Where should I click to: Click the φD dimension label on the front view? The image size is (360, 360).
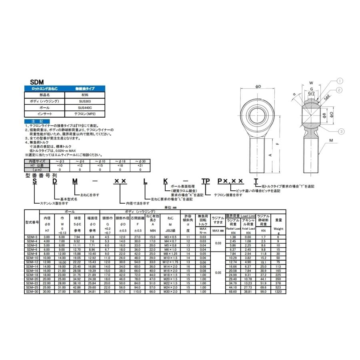[258, 86]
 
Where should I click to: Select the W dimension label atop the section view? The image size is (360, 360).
[311, 84]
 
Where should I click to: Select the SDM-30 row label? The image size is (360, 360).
[32, 292]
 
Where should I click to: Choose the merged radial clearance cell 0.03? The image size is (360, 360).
[218, 243]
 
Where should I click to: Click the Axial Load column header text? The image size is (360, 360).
[248, 228]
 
